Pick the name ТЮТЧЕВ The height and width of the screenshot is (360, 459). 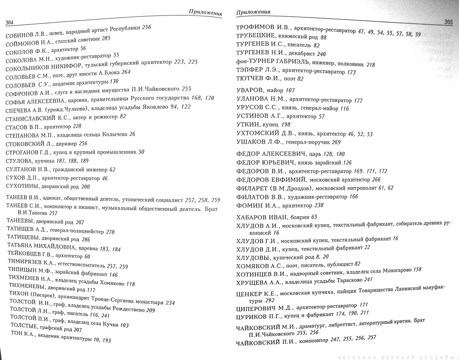[x=250, y=79]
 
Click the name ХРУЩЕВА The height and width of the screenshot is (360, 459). [x=252, y=281]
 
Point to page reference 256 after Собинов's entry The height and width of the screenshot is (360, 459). [x=146, y=28]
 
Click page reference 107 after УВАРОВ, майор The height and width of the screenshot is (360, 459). [x=290, y=91]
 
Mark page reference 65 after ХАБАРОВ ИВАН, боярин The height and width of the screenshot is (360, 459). [x=314, y=218]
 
